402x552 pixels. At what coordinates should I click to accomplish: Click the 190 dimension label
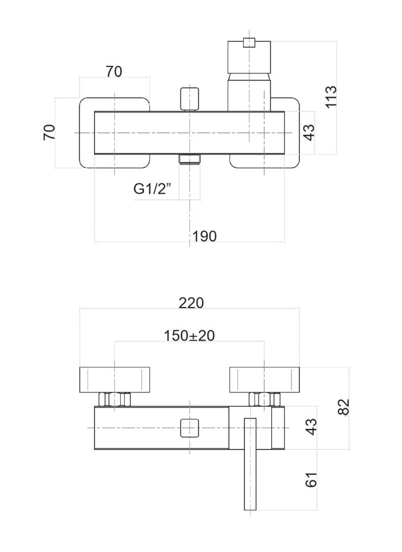(x=205, y=236)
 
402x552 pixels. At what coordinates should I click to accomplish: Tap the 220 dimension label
(x=192, y=302)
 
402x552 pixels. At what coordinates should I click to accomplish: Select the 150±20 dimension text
(x=189, y=335)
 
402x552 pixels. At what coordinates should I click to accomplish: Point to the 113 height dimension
(x=331, y=97)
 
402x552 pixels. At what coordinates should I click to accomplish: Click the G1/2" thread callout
(x=153, y=189)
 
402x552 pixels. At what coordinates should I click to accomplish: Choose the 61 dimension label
(x=312, y=479)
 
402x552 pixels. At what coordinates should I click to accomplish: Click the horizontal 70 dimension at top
(x=114, y=71)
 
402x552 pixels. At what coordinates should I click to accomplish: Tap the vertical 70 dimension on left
(x=50, y=132)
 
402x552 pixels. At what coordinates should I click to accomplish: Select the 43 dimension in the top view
(x=309, y=132)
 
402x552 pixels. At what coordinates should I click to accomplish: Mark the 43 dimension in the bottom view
(x=312, y=427)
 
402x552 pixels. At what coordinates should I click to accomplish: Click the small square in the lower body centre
(x=190, y=428)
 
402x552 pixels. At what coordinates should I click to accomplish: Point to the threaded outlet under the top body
(x=189, y=160)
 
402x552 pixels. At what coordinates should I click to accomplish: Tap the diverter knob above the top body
(x=189, y=98)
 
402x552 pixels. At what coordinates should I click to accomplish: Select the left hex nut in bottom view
(x=114, y=399)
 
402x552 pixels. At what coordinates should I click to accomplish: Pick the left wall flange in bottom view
(x=114, y=379)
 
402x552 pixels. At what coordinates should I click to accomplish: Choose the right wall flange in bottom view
(x=264, y=379)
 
